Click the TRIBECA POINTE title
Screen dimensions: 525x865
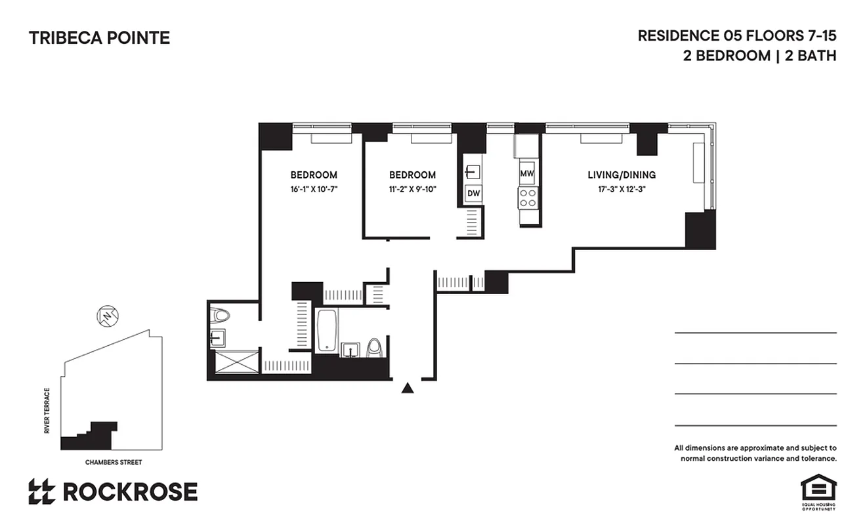click(99, 38)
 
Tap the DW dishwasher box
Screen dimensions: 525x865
click(473, 194)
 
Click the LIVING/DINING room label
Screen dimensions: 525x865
click(622, 175)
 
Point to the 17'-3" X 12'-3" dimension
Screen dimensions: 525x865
click(622, 189)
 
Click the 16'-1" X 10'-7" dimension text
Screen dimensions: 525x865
click(314, 189)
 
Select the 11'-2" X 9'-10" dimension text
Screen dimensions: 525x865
click(412, 189)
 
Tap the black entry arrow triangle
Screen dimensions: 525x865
click(408, 388)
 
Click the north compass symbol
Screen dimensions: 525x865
click(107, 316)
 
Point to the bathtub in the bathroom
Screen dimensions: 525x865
click(327, 330)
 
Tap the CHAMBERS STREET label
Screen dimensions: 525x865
click(114, 462)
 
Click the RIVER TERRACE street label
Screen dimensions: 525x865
click(47, 411)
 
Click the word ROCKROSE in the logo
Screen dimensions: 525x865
click(130, 492)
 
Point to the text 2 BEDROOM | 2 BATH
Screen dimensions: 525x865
click(759, 56)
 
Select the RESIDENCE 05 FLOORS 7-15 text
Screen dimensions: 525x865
click(737, 35)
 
